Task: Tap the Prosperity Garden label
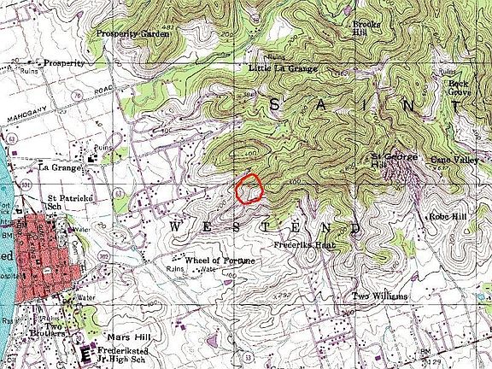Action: [129, 33]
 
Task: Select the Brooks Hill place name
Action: [366, 29]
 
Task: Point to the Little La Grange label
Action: [284, 67]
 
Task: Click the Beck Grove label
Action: [461, 88]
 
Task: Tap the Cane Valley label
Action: [454, 160]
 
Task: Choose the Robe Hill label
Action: [447, 218]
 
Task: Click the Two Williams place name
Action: [380, 296]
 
